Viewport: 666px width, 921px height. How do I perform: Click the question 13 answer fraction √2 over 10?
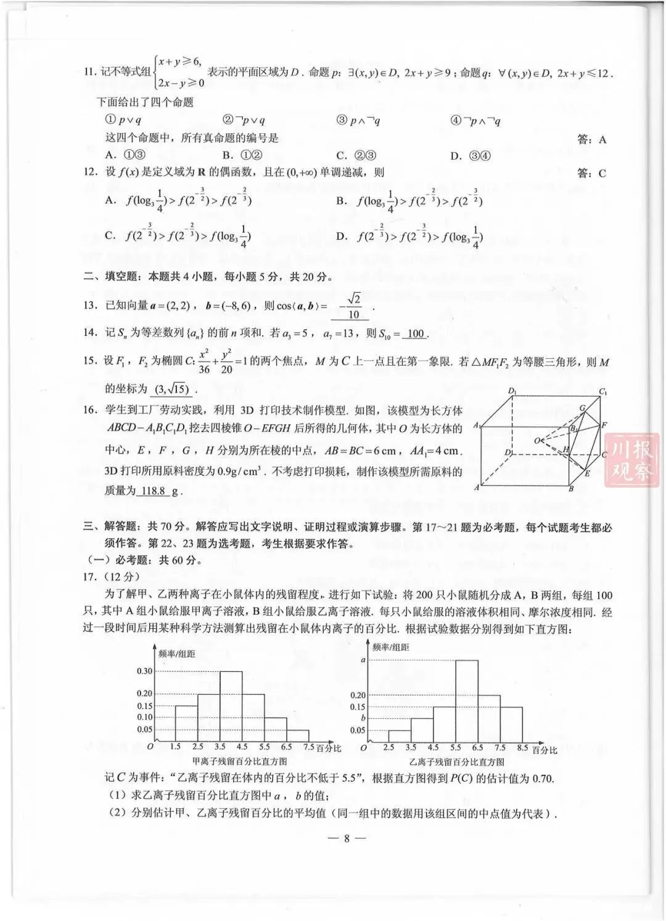pos(351,306)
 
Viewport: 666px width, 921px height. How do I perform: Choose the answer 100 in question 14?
pos(416,334)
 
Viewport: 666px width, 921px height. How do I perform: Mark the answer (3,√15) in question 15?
pos(172,389)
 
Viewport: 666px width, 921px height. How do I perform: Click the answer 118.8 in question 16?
pos(153,491)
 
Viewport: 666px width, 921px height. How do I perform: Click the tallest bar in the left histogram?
pos(231,705)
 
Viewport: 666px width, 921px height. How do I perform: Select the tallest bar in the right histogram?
pos(467,700)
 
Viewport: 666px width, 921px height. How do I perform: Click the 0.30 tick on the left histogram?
pos(145,671)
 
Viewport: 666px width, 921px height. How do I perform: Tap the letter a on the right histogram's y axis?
pos(363,660)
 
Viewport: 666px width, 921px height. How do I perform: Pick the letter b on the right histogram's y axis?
pos(363,718)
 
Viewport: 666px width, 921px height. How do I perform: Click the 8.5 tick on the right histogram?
pos(522,747)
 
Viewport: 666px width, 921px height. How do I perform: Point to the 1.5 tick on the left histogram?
pos(175,747)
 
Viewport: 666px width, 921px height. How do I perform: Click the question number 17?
pos(91,577)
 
